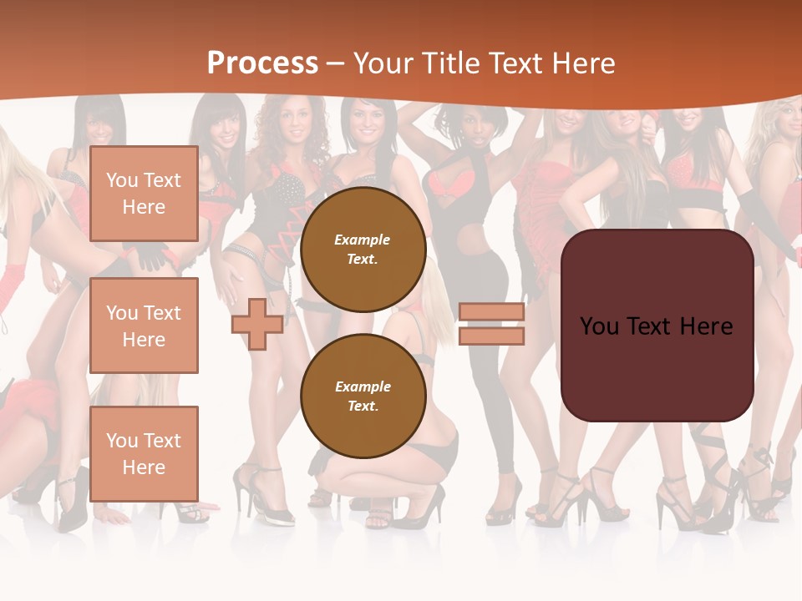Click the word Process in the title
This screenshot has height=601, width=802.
(262, 63)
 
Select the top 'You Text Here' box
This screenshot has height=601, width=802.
(144, 194)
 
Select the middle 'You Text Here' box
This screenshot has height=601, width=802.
(144, 326)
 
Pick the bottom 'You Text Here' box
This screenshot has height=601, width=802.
(144, 453)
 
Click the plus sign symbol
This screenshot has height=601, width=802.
(256, 324)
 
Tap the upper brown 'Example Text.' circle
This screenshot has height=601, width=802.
(363, 250)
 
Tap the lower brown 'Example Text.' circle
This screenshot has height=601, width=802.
(363, 396)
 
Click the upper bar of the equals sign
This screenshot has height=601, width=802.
(491, 312)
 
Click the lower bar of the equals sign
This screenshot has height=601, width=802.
(491, 336)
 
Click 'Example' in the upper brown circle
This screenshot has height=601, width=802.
(363, 240)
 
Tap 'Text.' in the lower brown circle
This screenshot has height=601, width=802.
(363, 407)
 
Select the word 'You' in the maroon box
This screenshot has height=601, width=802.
(601, 326)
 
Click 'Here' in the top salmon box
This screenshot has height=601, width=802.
(144, 207)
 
